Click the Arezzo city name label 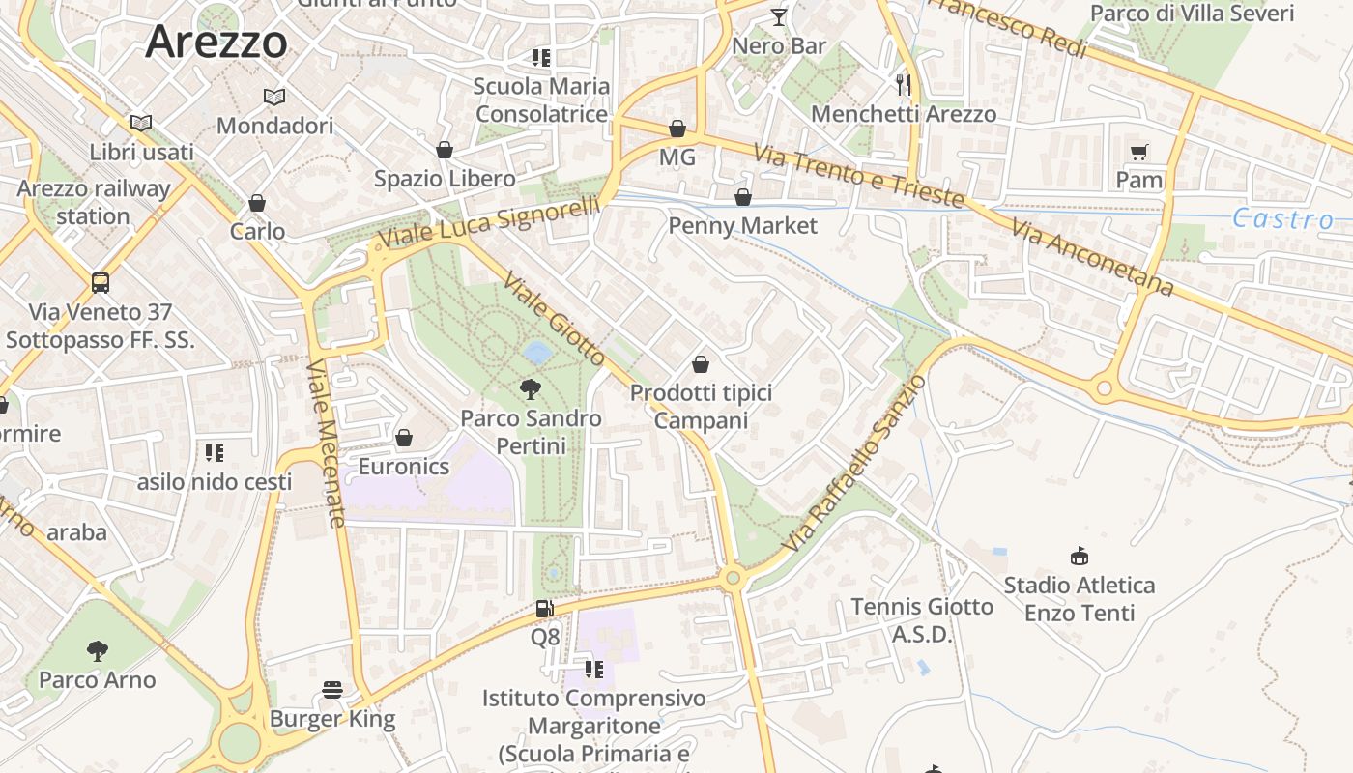click(x=216, y=42)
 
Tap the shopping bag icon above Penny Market click(x=743, y=198)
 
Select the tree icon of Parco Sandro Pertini click(x=530, y=389)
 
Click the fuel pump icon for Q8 click(x=545, y=609)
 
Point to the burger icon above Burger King click(x=332, y=690)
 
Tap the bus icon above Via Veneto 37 click(x=101, y=283)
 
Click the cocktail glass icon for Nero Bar click(x=779, y=17)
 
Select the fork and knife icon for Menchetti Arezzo click(x=904, y=85)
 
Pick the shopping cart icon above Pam click(x=1139, y=152)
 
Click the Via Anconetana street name click(x=1093, y=258)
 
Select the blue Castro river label click(x=1282, y=219)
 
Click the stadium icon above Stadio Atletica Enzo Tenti click(x=1080, y=557)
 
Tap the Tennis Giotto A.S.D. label click(x=921, y=620)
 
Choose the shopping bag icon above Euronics click(x=404, y=439)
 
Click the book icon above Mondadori click(x=274, y=97)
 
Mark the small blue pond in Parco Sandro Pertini click(x=537, y=351)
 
